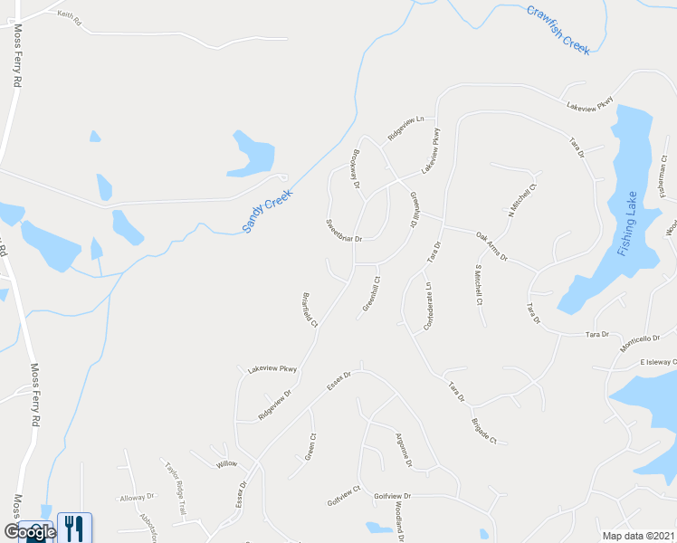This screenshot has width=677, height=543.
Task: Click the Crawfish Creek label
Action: pyautogui.click(x=558, y=30)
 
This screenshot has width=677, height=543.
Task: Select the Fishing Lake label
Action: pyautogui.click(x=629, y=224)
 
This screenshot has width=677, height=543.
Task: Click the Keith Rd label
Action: pyautogui.click(x=69, y=16)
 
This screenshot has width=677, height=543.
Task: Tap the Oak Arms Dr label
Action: pyautogui.click(x=492, y=247)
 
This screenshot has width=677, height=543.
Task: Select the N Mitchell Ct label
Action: pyautogui.click(x=522, y=198)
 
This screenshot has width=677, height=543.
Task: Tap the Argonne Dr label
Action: pyautogui.click(x=404, y=450)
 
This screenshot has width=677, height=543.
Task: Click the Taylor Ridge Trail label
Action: pyautogui.click(x=175, y=489)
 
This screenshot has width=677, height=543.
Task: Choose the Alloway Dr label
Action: pyautogui.click(x=138, y=497)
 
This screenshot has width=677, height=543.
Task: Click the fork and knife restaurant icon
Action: pyautogui.click(x=74, y=528)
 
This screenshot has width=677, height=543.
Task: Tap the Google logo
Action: pyautogui.click(x=28, y=531)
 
